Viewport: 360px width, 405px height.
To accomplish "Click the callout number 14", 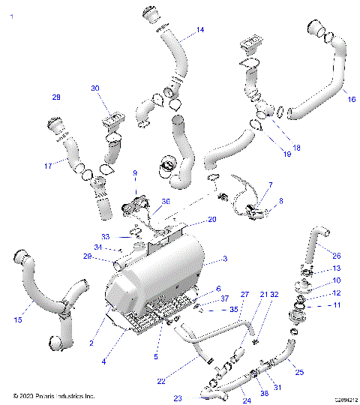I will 200,31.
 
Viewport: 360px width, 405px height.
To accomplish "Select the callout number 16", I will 351,98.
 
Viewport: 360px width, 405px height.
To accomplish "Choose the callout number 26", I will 336,255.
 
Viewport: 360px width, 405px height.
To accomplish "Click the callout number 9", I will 135,173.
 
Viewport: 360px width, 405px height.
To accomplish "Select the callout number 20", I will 212,219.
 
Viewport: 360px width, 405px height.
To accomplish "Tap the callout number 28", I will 55,97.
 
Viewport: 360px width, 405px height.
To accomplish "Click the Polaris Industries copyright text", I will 54,395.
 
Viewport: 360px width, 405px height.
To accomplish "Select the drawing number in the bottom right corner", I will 344,399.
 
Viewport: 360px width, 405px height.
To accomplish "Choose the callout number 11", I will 337,307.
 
